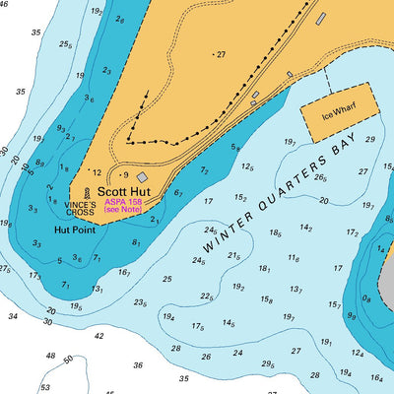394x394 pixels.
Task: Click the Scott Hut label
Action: tap(124, 193)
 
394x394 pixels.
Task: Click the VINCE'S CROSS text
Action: tap(80, 208)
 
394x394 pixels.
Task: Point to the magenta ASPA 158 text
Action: tap(123, 202)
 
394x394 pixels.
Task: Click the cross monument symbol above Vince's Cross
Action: tap(87, 193)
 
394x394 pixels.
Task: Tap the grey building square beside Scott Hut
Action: tap(142, 177)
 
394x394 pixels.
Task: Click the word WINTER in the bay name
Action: tap(223, 230)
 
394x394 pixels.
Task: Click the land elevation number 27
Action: tap(220, 54)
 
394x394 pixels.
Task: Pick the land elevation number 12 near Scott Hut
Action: tap(97, 172)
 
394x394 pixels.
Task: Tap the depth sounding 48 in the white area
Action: tap(50, 356)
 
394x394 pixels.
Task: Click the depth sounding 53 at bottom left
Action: tap(44, 388)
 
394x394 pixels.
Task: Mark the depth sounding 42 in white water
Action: tap(98, 336)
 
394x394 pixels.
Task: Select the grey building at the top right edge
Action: tap(320, 19)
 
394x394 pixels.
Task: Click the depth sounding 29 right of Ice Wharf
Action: tap(370, 140)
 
